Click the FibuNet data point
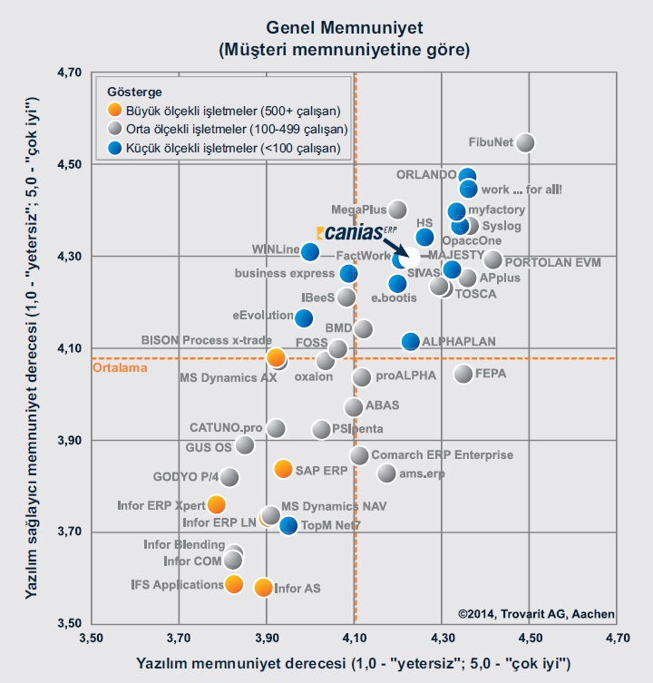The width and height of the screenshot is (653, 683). (524, 142)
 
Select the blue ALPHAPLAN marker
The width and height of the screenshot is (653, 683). (411, 341)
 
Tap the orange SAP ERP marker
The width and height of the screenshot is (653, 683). (283, 469)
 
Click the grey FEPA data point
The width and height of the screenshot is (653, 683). (463, 374)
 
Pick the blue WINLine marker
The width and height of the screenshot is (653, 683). (310, 251)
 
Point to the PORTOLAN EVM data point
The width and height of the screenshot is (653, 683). (493, 260)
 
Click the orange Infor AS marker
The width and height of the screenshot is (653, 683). (263, 588)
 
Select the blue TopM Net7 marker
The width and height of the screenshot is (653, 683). (288, 525)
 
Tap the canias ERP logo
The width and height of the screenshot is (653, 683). (353, 233)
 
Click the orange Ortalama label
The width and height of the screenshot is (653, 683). (121, 368)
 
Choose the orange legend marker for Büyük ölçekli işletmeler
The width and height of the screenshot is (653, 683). (113, 112)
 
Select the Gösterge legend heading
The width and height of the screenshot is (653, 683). (134, 93)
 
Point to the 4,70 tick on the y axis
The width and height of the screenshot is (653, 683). (69, 73)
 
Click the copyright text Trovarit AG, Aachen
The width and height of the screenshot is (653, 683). (536, 614)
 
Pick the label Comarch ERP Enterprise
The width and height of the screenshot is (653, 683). (442, 455)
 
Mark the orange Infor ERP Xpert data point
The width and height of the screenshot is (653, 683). (216, 504)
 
